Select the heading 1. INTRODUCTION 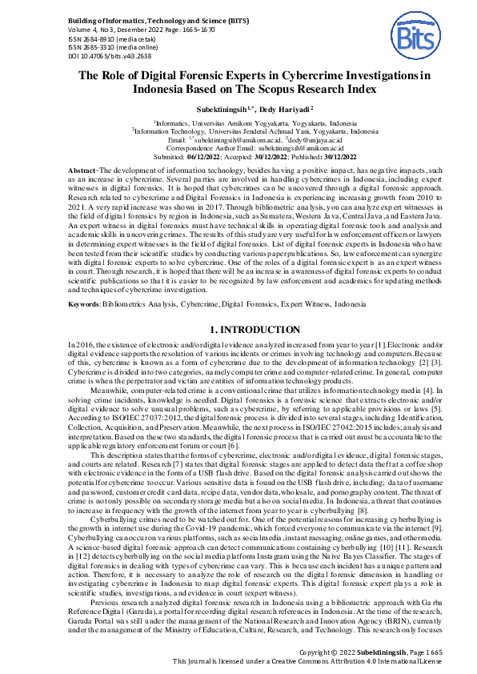click(x=238, y=329)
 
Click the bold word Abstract click(x=79, y=172)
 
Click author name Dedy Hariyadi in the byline click(x=266, y=108)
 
